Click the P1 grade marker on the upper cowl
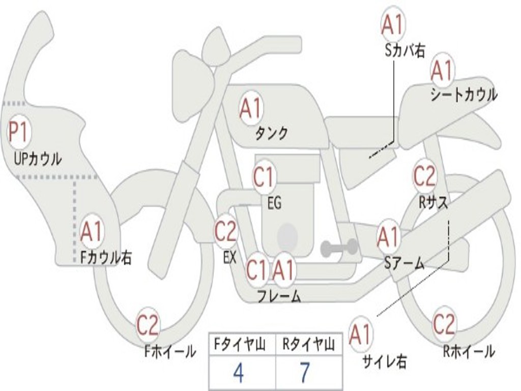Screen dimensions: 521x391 coord(19,132)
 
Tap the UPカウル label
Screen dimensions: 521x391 coord(38,159)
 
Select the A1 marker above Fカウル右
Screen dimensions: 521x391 coord(92,232)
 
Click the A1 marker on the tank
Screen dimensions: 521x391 coord(251,108)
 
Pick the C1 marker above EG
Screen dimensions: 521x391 coord(264,177)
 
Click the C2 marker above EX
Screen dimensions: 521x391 coord(226,231)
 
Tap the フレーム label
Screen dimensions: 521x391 coord(279,296)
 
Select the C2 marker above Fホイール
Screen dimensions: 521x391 coord(148,325)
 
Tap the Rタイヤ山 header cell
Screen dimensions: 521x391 coord(309,344)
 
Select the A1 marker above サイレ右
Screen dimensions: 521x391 coord(360,334)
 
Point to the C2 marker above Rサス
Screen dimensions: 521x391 coord(424,176)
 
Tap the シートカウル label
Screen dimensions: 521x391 coord(464,94)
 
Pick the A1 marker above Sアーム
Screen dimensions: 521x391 coord(389,237)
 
